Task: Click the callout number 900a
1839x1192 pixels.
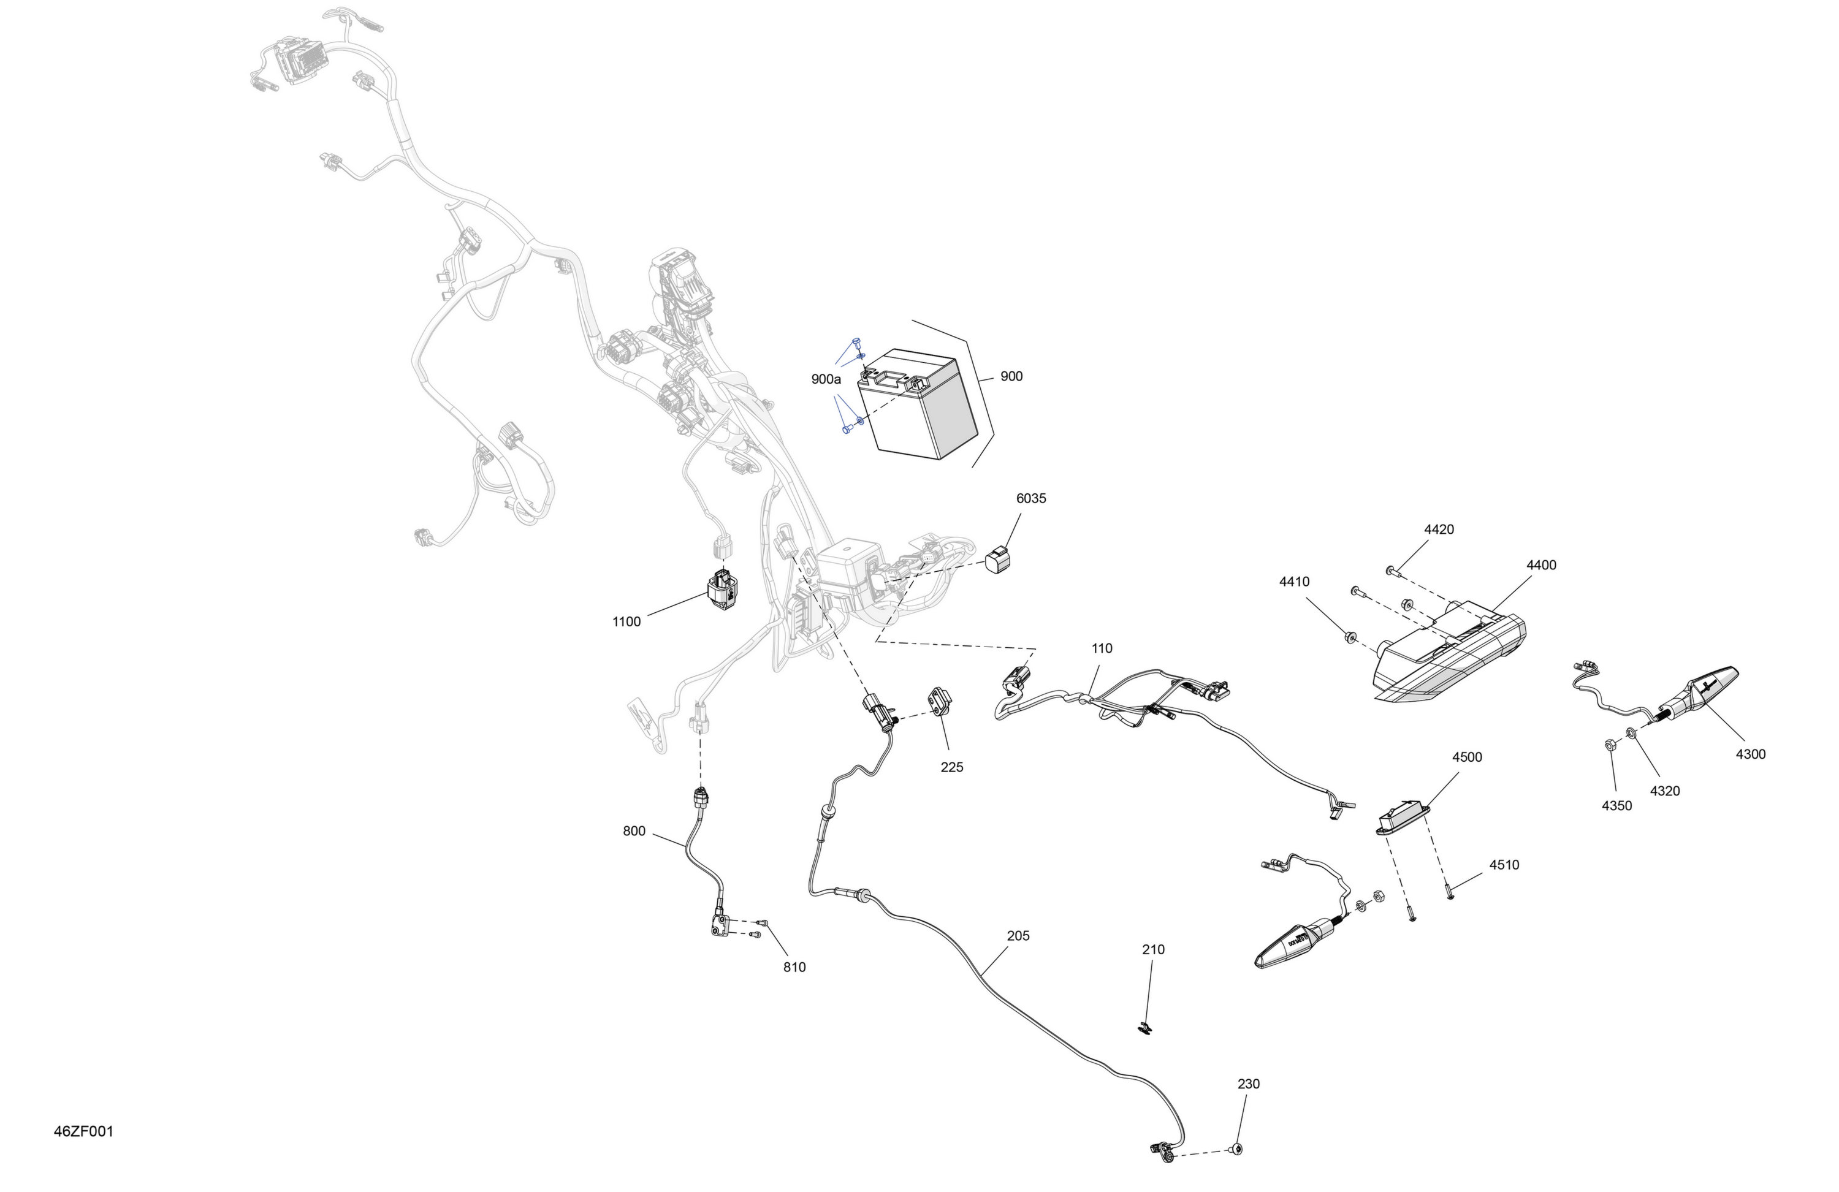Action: point(826,379)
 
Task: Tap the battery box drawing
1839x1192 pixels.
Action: point(917,403)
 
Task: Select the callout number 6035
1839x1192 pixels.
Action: point(1031,498)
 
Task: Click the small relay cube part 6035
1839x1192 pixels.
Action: point(999,560)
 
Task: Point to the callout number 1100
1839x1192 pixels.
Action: point(626,622)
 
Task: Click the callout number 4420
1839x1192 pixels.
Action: point(1439,529)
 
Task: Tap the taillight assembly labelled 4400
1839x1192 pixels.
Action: point(1450,661)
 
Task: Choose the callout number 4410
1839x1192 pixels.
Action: point(1294,582)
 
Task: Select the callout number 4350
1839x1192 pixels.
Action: point(1616,806)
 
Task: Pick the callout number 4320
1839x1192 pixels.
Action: point(1664,791)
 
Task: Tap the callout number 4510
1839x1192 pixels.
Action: point(1504,865)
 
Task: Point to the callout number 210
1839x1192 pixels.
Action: point(1153,949)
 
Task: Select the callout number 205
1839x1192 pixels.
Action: point(1018,936)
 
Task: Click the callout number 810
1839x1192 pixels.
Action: point(794,967)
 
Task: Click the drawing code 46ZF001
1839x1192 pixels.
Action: point(83,1132)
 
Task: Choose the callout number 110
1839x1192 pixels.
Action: point(1102,648)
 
